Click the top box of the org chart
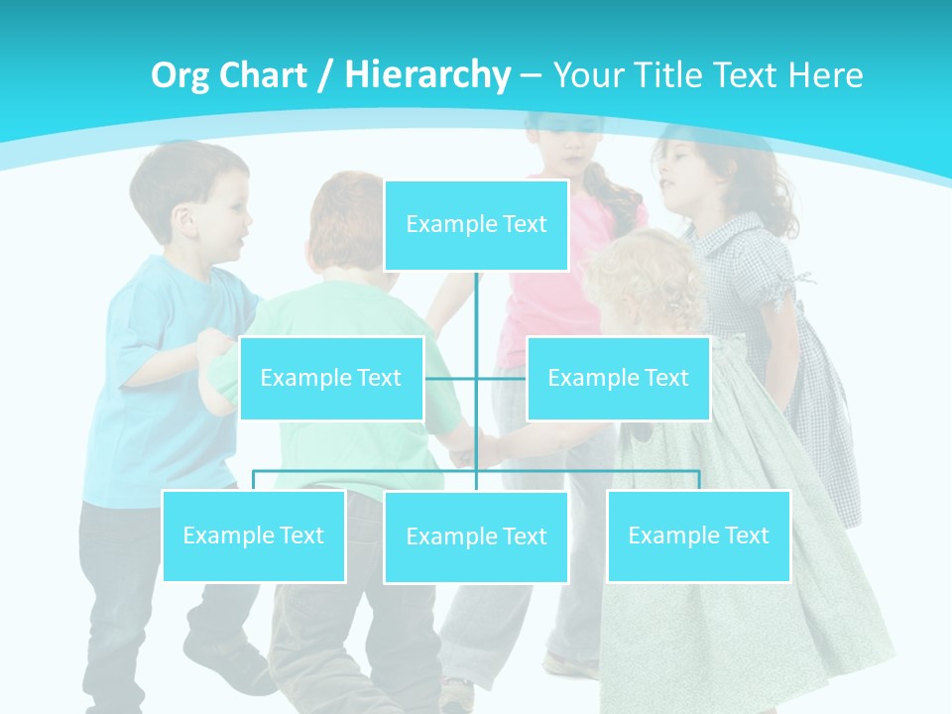coord(476,225)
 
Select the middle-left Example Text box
coord(331,378)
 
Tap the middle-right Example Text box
coord(618,378)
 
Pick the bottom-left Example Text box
coord(253,535)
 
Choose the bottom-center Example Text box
coord(476,536)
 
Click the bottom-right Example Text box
coord(698,535)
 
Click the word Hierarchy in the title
coord(427,74)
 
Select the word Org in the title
coord(181,75)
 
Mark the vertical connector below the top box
coord(477,317)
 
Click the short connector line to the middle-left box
coord(450,378)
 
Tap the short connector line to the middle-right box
coord(503,378)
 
